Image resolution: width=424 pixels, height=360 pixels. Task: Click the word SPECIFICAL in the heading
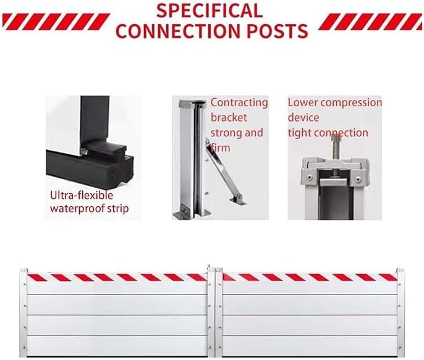pyautogui.click(x=210, y=10)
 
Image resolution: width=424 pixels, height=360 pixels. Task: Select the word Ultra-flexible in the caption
pyautogui.click(x=82, y=195)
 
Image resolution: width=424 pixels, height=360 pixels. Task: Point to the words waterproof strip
pyautogui.click(x=89, y=209)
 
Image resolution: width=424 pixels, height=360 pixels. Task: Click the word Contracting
pyautogui.click(x=239, y=103)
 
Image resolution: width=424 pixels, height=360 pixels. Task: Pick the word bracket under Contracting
pyautogui.click(x=229, y=117)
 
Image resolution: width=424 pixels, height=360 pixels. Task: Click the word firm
pyautogui.click(x=221, y=148)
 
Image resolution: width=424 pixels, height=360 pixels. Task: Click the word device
pyautogui.click(x=303, y=117)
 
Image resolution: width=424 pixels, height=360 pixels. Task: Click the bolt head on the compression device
pyautogui.click(x=337, y=138)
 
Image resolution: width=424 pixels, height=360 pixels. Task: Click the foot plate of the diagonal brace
pyautogui.click(x=237, y=200)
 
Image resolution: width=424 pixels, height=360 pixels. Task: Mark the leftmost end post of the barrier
pyautogui.click(x=23, y=312)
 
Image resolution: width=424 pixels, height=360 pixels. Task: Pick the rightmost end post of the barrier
pyautogui.click(x=401, y=312)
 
